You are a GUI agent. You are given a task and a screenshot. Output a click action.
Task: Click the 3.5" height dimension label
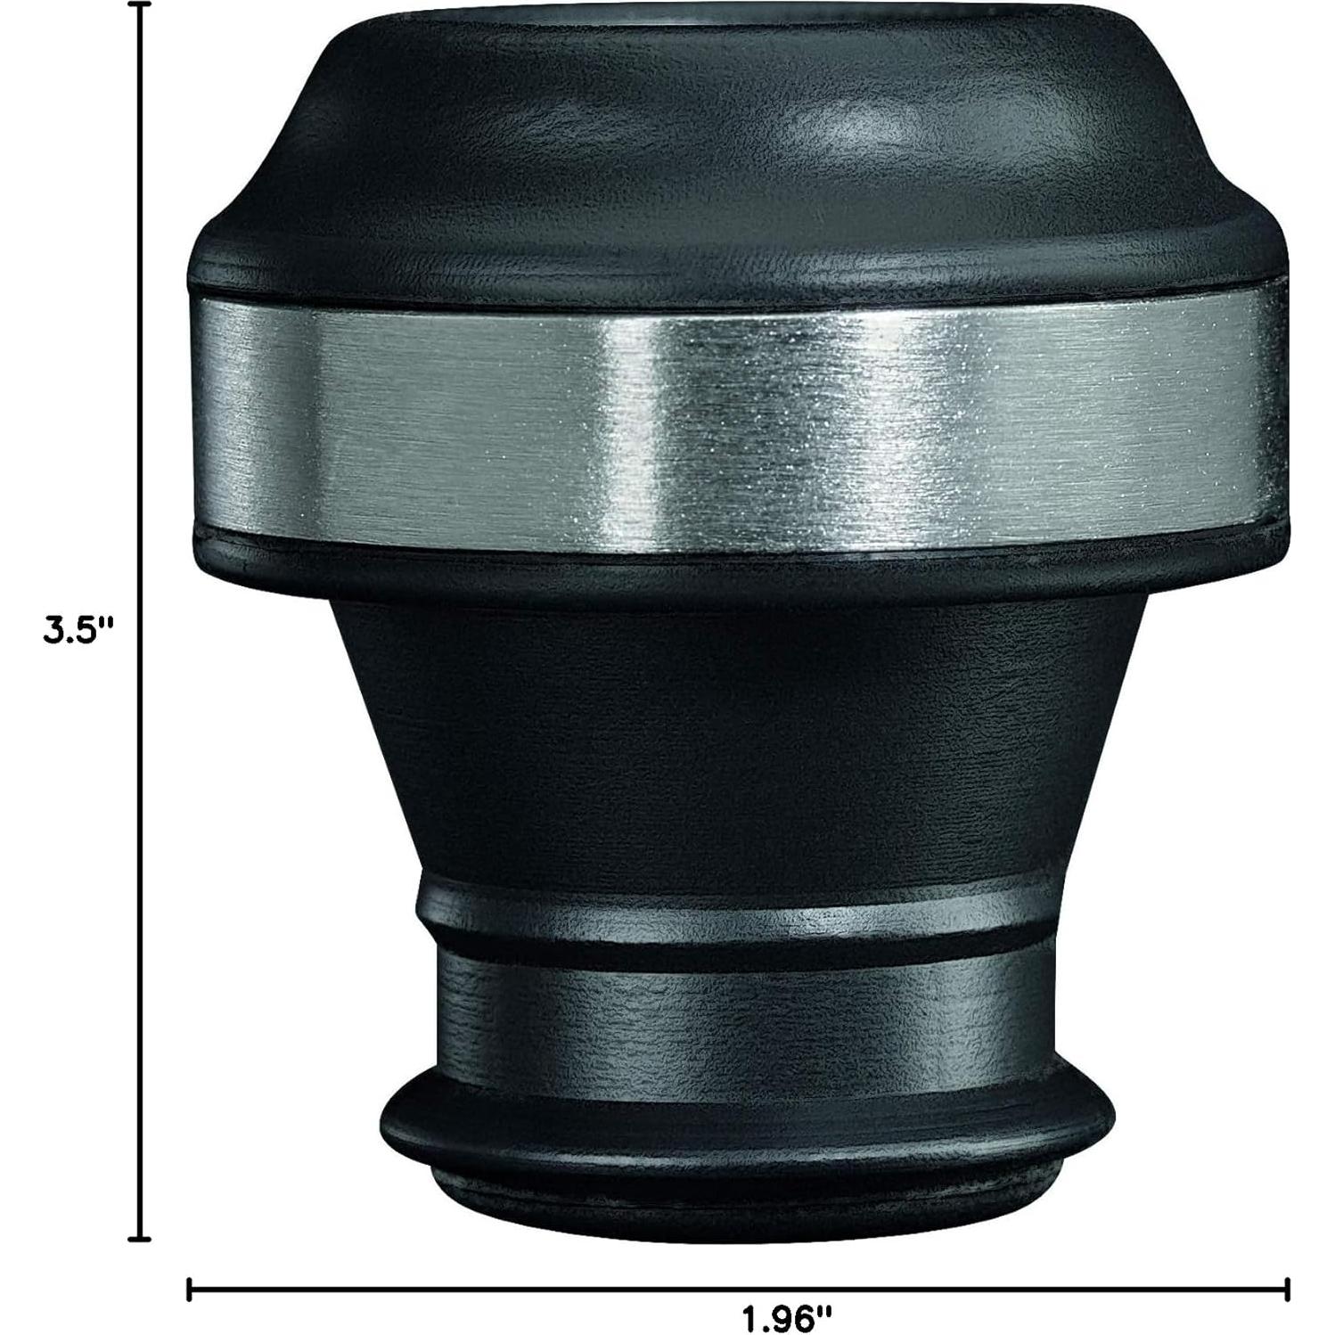pyautogui.click(x=80, y=630)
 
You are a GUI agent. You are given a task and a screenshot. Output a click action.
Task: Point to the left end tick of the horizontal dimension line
pyautogui.click(x=190, y=1290)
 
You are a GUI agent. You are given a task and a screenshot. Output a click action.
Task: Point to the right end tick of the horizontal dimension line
pyautogui.click(x=1286, y=1290)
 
